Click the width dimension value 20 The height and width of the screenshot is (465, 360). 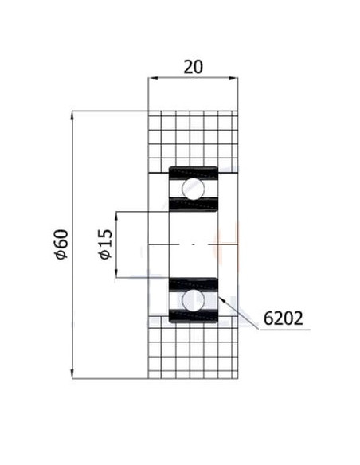pos(194,67)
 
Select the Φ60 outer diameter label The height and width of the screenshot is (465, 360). pos(62,244)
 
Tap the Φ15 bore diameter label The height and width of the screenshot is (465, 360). pos(106,244)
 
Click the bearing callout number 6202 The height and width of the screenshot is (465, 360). pos(284,318)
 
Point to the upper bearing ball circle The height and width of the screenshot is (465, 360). pos(194,189)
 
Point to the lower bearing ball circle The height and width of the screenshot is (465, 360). pos(194,301)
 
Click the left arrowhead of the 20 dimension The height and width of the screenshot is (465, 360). pos(153,78)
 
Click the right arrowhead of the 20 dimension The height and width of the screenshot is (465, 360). pos(233,78)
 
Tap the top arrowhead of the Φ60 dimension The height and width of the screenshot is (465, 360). pos(72,115)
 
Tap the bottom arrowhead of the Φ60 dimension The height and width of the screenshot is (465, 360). pos(72,374)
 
